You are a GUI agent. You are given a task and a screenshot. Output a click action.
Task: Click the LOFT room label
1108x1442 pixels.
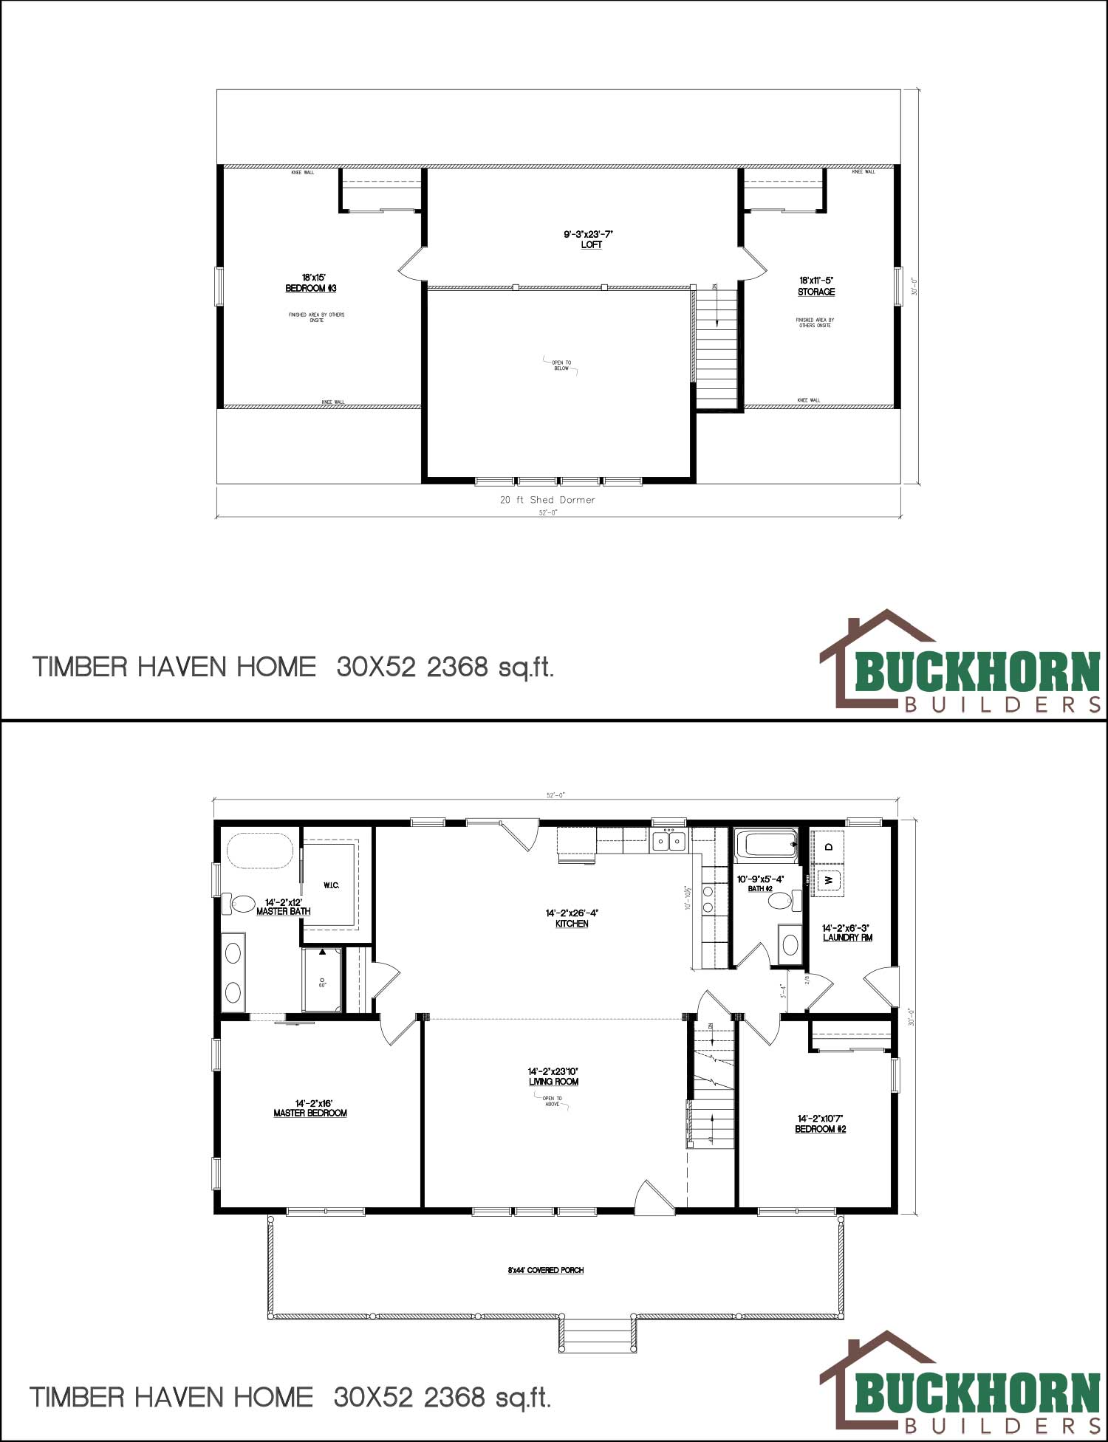(x=591, y=244)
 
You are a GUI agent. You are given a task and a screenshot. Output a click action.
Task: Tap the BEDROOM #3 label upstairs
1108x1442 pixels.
(x=311, y=288)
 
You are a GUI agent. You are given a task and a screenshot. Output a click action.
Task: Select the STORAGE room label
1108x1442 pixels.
(x=816, y=292)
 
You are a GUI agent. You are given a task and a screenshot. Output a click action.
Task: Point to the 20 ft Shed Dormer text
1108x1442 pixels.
(x=547, y=500)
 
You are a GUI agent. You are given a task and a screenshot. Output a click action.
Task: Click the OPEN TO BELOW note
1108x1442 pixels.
(x=561, y=365)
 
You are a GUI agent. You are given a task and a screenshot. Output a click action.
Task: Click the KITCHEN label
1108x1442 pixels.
(x=572, y=924)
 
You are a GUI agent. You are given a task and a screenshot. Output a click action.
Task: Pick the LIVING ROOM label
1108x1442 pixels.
(x=553, y=1082)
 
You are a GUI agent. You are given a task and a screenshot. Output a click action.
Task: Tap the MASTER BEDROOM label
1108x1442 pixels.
(x=310, y=1113)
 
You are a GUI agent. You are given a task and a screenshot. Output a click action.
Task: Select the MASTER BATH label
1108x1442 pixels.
(x=283, y=911)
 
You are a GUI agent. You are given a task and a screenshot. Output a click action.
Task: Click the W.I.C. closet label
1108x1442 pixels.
(x=331, y=885)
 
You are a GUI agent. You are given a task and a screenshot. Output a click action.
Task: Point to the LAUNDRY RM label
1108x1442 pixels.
(x=847, y=938)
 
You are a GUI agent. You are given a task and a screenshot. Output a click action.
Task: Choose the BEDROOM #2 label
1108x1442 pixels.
(x=820, y=1129)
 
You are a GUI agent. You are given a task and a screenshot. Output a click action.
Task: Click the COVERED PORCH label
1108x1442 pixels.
(x=546, y=1270)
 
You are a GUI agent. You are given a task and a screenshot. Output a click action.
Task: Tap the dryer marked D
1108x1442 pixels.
(x=829, y=846)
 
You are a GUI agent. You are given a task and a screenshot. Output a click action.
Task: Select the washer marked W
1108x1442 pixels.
(x=829, y=880)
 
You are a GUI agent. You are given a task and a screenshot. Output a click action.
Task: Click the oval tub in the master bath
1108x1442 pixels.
(x=260, y=851)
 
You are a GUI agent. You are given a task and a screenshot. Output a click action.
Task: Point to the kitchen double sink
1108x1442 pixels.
(x=668, y=841)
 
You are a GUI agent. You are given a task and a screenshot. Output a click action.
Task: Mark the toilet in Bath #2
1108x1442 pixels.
(x=790, y=900)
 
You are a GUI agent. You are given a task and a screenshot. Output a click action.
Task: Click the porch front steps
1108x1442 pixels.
(x=597, y=1334)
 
